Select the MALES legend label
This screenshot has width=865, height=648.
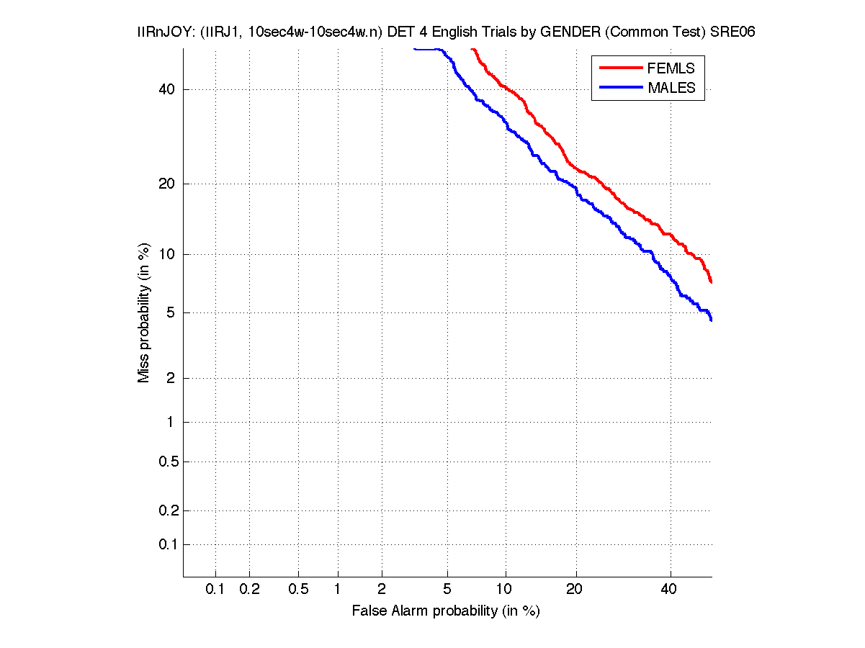point(671,88)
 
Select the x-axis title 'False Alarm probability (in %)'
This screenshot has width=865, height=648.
point(446,611)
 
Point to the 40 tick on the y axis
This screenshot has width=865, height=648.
point(168,89)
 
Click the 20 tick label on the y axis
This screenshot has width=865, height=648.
point(168,184)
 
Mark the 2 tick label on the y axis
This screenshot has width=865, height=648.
point(171,378)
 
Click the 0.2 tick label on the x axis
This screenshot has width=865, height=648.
point(249,589)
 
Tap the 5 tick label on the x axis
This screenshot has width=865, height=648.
point(447,589)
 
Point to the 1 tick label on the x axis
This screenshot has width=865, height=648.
point(338,589)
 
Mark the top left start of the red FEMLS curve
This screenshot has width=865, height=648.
point(472,49)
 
